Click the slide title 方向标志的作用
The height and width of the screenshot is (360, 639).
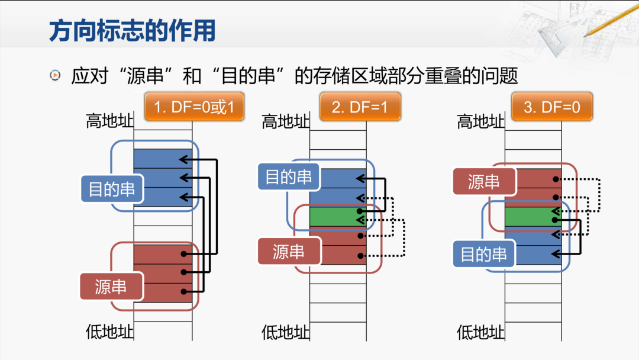click(132, 30)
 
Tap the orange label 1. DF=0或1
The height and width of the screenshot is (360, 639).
click(194, 107)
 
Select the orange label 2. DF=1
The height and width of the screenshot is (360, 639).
click(360, 107)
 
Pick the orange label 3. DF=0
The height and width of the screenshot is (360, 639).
click(551, 107)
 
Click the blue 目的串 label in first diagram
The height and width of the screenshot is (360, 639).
click(112, 189)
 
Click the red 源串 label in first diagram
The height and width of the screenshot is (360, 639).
click(111, 287)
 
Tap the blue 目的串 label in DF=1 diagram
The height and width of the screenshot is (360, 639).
click(288, 176)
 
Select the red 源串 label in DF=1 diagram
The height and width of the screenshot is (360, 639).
click(289, 252)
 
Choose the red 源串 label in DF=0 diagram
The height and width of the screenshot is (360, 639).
click(483, 182)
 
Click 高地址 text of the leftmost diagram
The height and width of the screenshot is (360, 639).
click(109, 121)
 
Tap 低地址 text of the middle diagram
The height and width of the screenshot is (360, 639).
click(285, 332)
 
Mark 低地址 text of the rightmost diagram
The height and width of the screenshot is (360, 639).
click(480, 332)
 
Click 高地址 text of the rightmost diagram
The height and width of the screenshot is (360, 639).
click(480, 123)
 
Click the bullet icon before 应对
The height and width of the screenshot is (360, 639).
click(55, 75)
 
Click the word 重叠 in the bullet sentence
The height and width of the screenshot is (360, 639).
click(443, 76)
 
